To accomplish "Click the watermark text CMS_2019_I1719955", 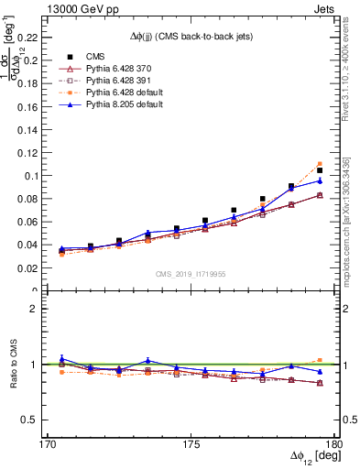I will pyautogui.click(x=190, y=273).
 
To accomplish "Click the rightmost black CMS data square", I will pyautogui.click(x=320, y=170).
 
